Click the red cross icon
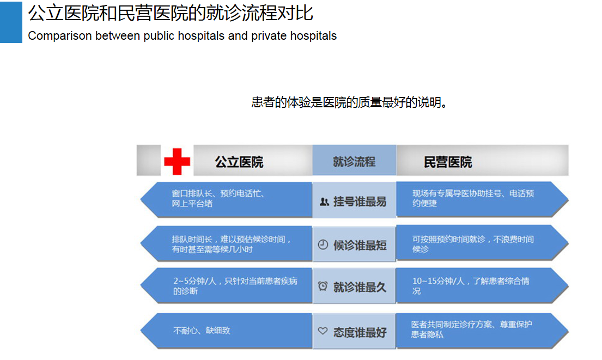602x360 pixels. pyautogui.click(x=177, y=161)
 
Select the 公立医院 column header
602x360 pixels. pyautogui.click(x=239, y=162)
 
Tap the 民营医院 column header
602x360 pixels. pyautogui.click(x=448, y=162)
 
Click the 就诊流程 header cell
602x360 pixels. pyautogui.click(x=354, y=162)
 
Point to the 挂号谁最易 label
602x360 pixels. pyautogui.click(x=360, y=202)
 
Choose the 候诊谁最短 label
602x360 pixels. pyautogui.click(x=360, y=245)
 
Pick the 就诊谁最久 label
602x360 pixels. pyautogui.click(x=360, y=287)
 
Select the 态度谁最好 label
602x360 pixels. pyautogui.click(x=360, y=332)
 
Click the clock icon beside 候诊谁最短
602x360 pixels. pyautogui.click(x=323, y=245)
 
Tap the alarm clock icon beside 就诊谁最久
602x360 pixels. pyautogui.click(x=323, y=286)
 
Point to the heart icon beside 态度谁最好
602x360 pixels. pyautogui.click(x=323, y=331)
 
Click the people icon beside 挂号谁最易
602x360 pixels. pyautogui.click(x=324, y=202)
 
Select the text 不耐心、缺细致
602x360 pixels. pyautogui.click(x=202, y=331)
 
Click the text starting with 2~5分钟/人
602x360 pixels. pyautogui.click(x=235, y=286)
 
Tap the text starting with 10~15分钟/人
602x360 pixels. pyautogui.click(x=471, y=286)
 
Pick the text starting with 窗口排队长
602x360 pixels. pyautogui.click(x=218, y=198)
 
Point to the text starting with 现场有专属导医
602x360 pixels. pyautogui.click(x=473, y=198)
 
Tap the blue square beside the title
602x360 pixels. pyautogui.click(x=11, y=22)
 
